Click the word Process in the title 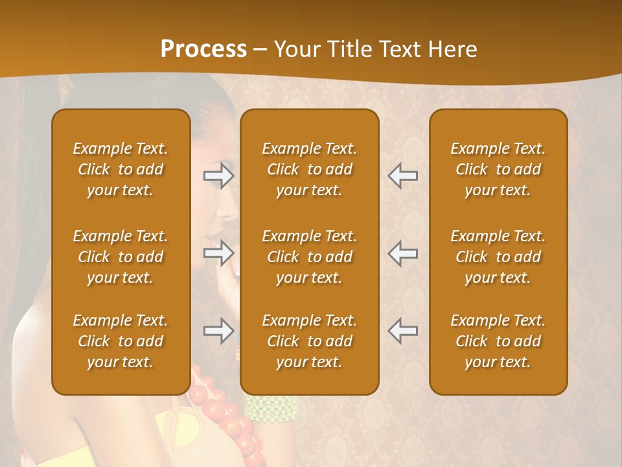pos(203,49)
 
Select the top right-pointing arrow pos(219,176)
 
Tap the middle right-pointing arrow pos(219,254)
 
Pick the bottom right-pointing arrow pos(219,331)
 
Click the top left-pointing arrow pos(403,176)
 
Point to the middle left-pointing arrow pos(403,254)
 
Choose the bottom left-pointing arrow pos(403,331)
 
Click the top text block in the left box pos(121,169)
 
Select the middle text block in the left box pos(121,257)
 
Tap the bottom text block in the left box pos(121,341)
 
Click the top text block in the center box pos(309,169)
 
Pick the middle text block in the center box pos(309,257)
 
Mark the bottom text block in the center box pos(309,341)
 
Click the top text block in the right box pos(498,169)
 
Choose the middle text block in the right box pos(498,257)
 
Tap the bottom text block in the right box pos(498,341)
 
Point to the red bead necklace pos(224,415)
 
